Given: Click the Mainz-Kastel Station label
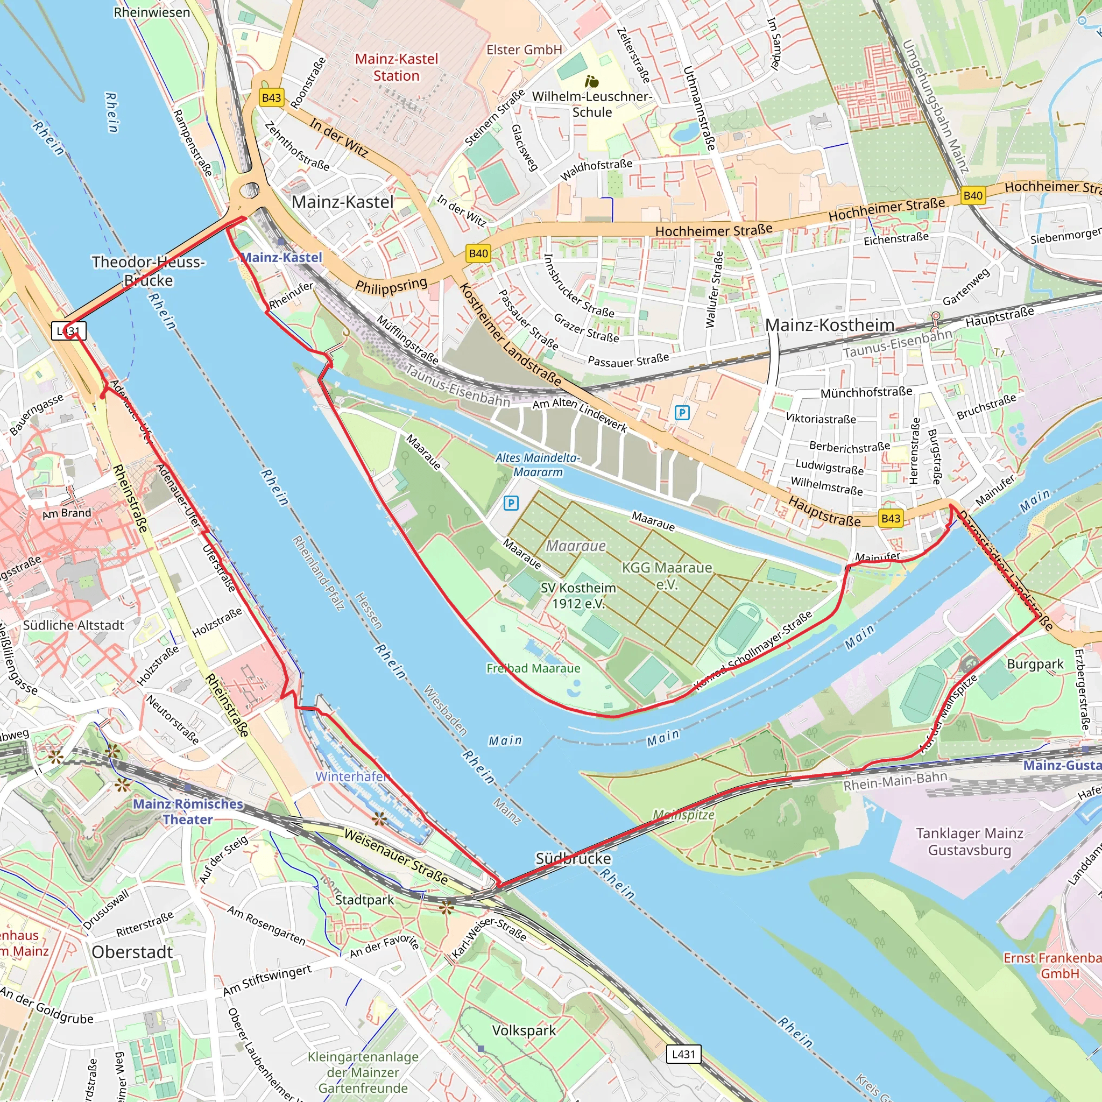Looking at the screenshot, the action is (397, 67).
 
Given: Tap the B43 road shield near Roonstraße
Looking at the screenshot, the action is (272, 97).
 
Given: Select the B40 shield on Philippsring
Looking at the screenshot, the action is (478, 253).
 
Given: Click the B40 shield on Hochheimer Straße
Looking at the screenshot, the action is (972, 196).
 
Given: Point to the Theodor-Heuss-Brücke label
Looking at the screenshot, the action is (149, 271).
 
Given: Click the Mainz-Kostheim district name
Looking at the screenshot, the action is (829, 325).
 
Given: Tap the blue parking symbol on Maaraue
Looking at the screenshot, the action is (511, 503).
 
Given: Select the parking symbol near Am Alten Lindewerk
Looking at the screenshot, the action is (682, 412).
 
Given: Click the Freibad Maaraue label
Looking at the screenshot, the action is (533, 668).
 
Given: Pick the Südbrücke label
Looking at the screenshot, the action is (573, 858).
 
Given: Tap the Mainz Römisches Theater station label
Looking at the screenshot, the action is (188, 811).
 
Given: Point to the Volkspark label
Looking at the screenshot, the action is (524, 1030).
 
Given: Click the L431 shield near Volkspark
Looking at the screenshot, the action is (683, 1054).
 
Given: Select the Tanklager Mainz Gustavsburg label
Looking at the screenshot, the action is (970, 842).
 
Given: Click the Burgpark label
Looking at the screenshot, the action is (1035, 664).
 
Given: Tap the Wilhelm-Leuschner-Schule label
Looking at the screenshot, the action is (591, 104).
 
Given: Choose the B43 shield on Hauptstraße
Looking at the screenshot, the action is (891, 518).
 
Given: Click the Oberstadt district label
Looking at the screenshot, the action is (132, 952).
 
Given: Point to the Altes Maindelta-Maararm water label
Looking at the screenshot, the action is (538, 465).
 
